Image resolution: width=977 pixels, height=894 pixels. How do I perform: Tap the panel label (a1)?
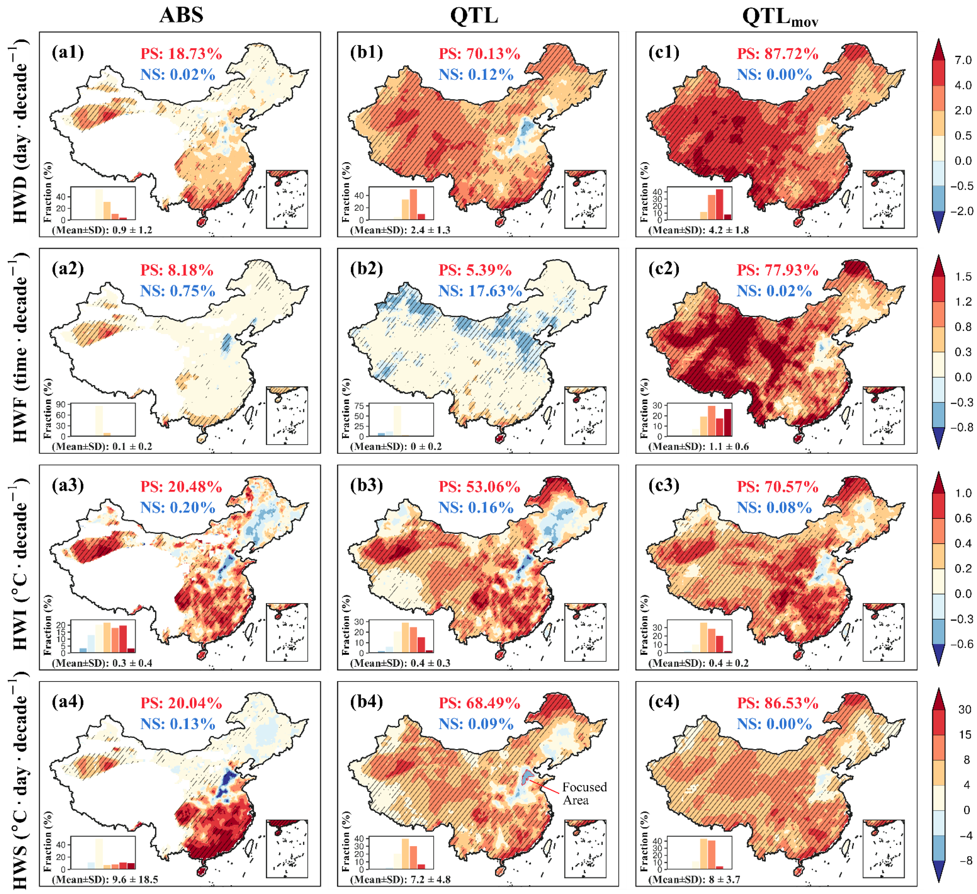(68, 52)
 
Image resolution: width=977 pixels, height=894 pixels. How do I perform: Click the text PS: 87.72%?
(777, 54)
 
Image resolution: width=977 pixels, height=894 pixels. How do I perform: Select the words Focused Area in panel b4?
(584, 794)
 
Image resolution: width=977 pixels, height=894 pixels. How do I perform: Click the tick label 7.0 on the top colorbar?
(962, 60)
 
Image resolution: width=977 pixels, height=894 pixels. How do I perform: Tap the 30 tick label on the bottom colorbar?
(964, 709)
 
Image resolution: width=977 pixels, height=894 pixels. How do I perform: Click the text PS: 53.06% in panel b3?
(479, 487)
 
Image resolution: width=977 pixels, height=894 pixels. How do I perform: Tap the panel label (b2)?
(366, 268)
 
